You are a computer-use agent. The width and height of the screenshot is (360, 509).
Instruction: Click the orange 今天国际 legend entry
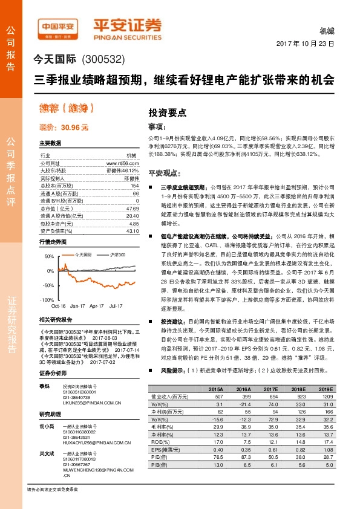click(81, 255)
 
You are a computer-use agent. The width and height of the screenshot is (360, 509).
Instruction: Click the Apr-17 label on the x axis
click(97, 306)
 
